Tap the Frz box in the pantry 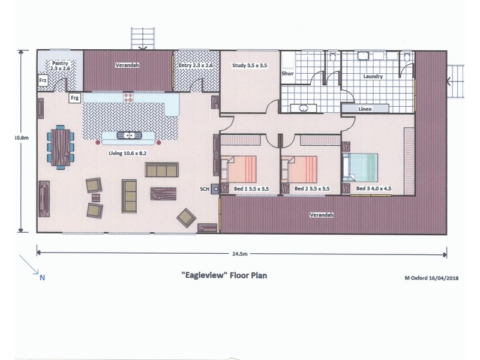click(x=43, y=80)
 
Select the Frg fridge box click(x=74, y=97)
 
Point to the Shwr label click(x=287, y=74)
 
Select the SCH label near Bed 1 click(x=205, y=189)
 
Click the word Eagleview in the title click(x=203, y=277)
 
